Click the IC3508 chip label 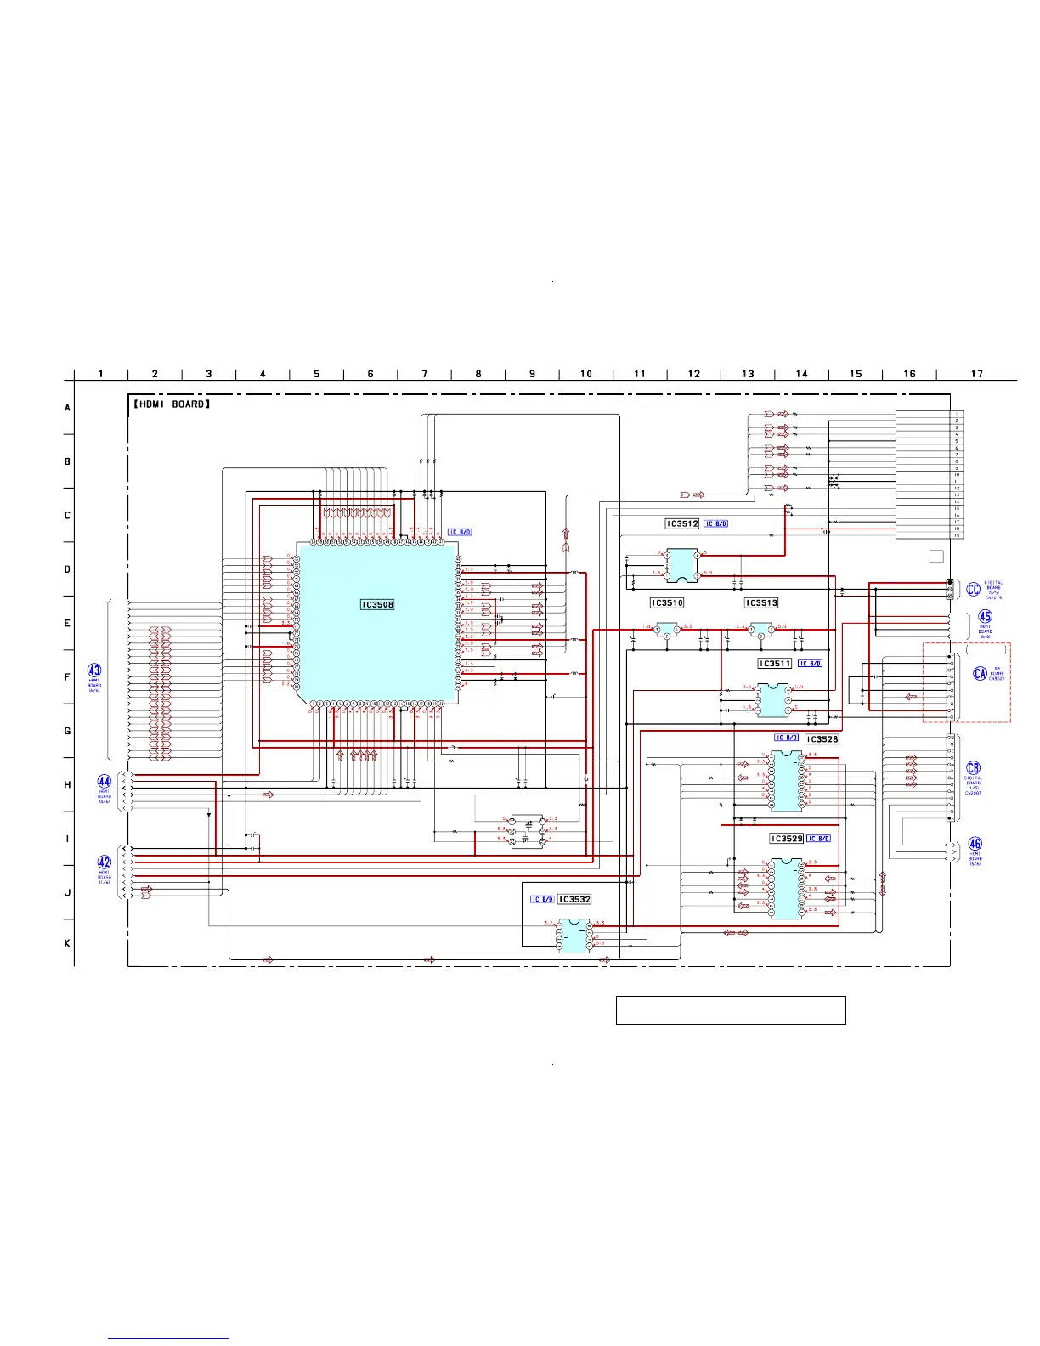point(377,605)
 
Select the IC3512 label point(682,524)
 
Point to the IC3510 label point(667,603)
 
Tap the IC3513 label point(761,603)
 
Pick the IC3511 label point(774,664)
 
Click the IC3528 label point(822,739)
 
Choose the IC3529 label point(786,839)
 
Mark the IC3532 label point(574,899)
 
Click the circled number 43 point(94,670)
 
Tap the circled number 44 point(105,782)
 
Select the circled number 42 point(105,862)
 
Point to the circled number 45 point(985,617)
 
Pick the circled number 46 point(975,844)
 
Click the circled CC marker point(974,590)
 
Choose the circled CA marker point(981,674)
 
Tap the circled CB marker point(974,768)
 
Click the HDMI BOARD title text point(170,404)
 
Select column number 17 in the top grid point(977,374)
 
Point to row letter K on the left point(68,943)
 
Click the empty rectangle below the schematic point(731,1010)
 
